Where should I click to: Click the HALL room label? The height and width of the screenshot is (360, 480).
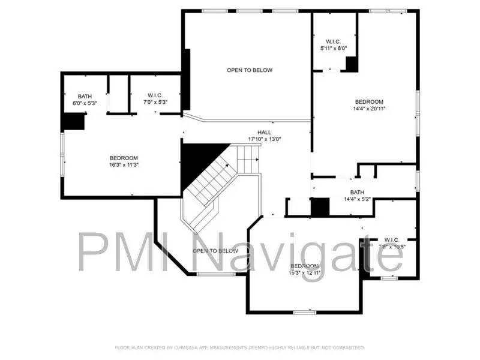click(x=264, y=133)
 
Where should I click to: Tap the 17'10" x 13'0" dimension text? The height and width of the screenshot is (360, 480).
click(x=264, y=139)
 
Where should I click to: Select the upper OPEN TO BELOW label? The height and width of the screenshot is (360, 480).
click(x=249, y=70)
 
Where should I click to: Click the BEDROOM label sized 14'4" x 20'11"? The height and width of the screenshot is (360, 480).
click(x=368, y=102)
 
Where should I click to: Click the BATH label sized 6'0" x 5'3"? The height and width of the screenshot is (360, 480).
click(x=85, y=96)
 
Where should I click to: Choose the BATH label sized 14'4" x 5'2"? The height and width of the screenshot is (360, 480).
click(x=357, y=193)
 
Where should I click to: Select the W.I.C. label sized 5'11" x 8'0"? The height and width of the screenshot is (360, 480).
click(x=333, y=41)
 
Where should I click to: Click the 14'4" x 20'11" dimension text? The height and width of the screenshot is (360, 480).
click(x=368, y=109)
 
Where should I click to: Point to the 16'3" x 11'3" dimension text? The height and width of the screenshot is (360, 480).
click(x=124, y=165)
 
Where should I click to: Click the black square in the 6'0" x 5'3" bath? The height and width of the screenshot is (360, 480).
click(x=74, y=121)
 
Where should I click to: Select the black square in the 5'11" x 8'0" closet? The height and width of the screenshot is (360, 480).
click(x=352, y=64)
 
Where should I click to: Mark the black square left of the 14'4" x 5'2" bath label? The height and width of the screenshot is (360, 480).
click(x=320, y=207)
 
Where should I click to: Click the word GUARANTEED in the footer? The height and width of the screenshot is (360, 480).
click(x=349, y=347)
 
